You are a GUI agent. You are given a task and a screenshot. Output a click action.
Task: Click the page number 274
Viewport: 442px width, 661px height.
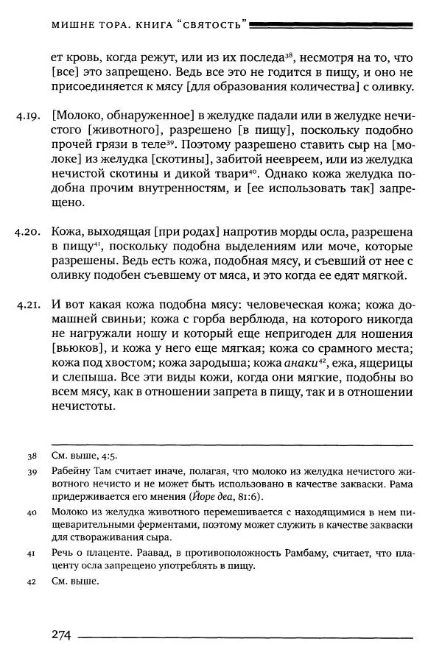pyautogui.click(x=60, y=635)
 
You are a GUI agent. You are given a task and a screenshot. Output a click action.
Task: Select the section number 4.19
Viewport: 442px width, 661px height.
pyautogui.click(x=29, y=116)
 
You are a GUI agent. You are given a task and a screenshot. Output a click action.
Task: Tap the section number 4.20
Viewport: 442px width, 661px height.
pyautogui.click(x=29, y=232)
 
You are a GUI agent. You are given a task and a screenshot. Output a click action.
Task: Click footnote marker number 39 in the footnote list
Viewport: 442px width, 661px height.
pyautogui.click(x=32, y=472)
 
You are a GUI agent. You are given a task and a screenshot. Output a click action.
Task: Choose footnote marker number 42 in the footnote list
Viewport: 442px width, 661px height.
pyautogui.click(x=32, y=582)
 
